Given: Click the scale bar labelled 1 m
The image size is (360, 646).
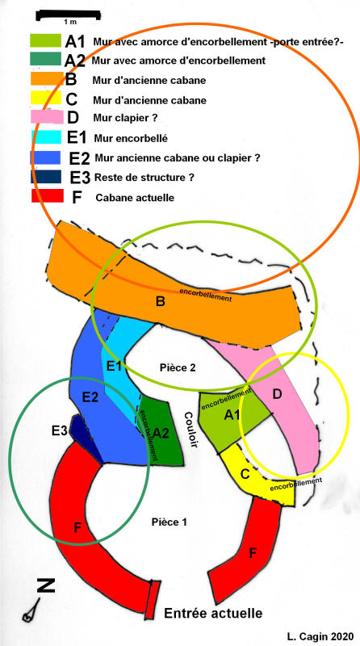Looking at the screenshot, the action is pos(69,15).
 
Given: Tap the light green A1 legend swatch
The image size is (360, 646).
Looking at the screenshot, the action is pos(45,40).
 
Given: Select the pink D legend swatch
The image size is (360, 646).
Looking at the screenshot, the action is pos(47,116).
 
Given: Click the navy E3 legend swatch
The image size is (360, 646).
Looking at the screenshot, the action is pos(46,177).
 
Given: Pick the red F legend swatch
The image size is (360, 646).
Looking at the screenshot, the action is pos(48,195).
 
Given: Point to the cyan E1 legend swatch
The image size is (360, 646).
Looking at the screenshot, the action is pos(46,137).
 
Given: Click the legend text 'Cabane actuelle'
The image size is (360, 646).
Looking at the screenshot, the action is pos(135,198).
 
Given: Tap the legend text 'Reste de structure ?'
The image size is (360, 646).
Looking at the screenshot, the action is pos(144,178).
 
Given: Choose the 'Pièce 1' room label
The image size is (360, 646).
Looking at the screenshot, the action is pos(170,522).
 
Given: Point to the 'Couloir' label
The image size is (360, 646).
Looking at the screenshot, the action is pos(191,430).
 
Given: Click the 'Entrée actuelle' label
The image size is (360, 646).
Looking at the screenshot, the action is pos(213,613).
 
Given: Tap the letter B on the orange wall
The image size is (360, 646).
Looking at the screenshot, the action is pos(161,302).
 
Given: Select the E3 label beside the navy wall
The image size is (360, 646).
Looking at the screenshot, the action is pos(60,431).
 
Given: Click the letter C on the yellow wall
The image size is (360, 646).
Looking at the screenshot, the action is pos(245,475).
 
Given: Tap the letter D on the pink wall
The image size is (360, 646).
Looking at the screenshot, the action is pos(277,394).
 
